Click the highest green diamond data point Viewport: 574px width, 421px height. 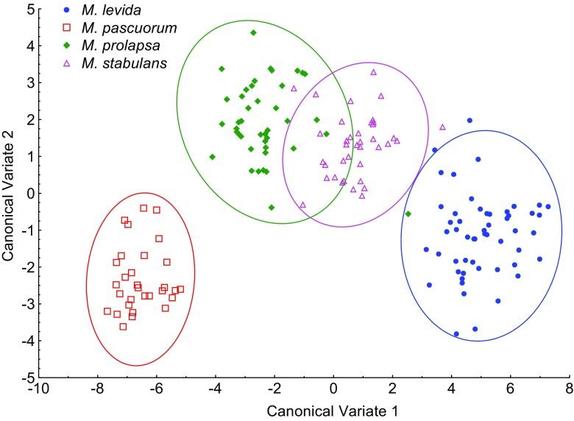pyautogui.click(x=253, y=32)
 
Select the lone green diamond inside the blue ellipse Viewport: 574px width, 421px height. pyautogui.click(x=408, y=214)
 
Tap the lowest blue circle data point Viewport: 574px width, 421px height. pyautogui.click(x=456, y=333)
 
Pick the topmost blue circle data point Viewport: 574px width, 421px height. pyautogui.click(x=470, y=120)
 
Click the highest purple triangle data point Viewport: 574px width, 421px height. pyautogui.click(x=373, y=72)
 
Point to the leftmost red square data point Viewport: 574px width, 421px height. pyautogui.click(x=107, y=311)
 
